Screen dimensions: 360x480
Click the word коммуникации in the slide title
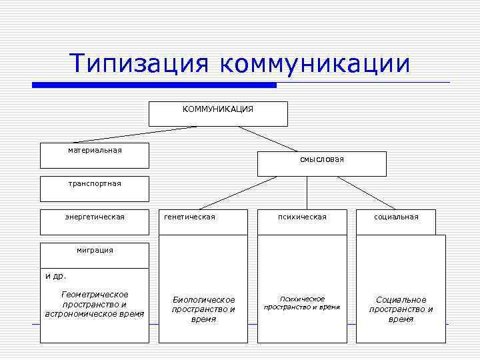pyautogui.click(x=313, y=64)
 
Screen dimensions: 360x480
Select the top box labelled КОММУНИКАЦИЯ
pyautogui.click(x=218, y=113)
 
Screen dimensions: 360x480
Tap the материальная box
pyautogui.click(x=94, y=155)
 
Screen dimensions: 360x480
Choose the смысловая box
pyautogui.click(x=322, y=163)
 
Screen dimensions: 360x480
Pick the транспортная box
pyautogui.click(x=94, y=189)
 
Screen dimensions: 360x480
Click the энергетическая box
pyautogui.click(x=94, y=222)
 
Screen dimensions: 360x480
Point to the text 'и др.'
pyautogui.click(x=56, y=275)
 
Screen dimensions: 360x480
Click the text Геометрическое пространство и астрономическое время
pyautogui.click(x=94, y=304)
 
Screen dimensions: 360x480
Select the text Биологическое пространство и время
pyautogui.click(x=203, y=309)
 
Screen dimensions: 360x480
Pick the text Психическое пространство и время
pyautogui.click(x=302, y=303)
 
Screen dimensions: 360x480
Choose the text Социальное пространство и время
pyautogui.click(x=401, y=309)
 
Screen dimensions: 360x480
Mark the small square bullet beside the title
pyautogui.click(x=36, y=85)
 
